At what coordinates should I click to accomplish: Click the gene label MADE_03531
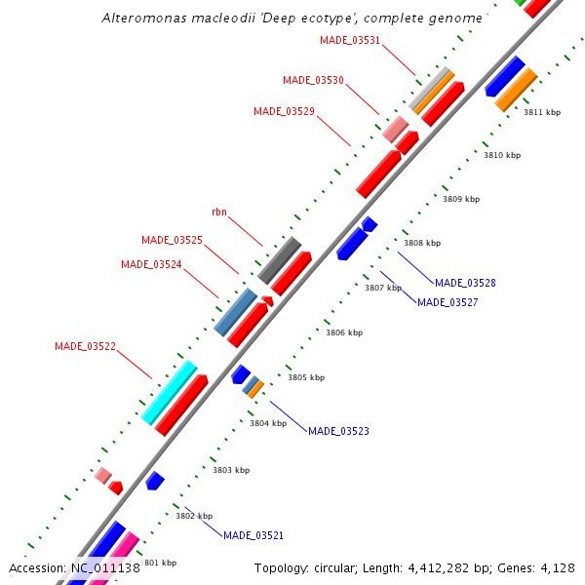[x=350, y=40]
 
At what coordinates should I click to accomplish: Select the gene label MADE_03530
[x=313, y=80]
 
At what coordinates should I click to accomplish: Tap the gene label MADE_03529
[x=284, y=111]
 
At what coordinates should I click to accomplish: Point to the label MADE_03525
[x=172, y=240]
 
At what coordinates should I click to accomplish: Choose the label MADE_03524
[x=151, y=264]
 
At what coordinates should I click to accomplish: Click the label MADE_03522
[x=85, y=346]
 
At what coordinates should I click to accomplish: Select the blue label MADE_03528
[x=465, y=283]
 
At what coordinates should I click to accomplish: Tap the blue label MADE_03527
[x=448, y=302]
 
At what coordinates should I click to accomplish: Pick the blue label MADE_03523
[x=338, y=431]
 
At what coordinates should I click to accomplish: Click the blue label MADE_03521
[x=253, y=535]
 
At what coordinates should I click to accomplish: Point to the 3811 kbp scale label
[x=542, y=112]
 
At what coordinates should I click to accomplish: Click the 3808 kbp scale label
[x=422, y=243]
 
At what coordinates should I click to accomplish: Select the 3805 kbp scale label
[x=306, y=377]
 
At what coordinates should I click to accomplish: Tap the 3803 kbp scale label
[x=231, y=470]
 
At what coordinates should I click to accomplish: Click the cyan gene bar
[x=170, y=392]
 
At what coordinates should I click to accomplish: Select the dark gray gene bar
[x=279, y=260]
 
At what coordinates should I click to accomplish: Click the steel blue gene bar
[x=235, y=312]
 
